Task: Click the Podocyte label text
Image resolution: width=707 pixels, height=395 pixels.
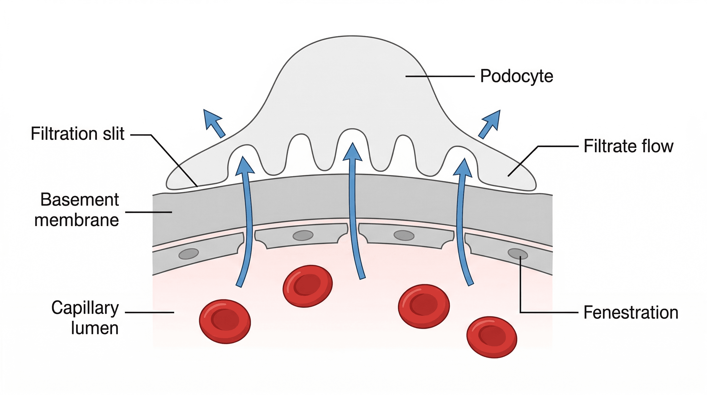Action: click(517, 76)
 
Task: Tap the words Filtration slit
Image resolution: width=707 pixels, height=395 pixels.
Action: click(78, 134)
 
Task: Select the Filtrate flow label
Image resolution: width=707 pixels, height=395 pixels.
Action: click(628, 146)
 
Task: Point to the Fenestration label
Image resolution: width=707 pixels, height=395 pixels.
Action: click(631, 313)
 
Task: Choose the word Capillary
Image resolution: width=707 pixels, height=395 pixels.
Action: click(85, 308)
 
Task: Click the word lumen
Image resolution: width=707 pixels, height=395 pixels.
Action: click(95, 328)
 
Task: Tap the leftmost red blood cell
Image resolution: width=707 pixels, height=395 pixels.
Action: click(225, 321)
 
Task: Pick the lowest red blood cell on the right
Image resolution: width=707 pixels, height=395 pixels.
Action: click(491, 337)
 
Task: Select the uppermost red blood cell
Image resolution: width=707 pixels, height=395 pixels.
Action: click(308, 286)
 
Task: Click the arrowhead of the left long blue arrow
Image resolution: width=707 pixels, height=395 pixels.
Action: click(245, 165)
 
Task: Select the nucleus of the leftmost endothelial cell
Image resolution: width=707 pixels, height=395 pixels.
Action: click(189, 254)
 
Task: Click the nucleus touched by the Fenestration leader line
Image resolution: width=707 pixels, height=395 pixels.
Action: click(518, 254)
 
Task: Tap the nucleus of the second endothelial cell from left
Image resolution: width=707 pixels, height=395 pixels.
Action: click(303, 235)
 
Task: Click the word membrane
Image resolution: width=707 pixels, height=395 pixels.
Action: click(77, 220)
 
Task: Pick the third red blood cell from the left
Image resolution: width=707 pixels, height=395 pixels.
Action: click(424, 306)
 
